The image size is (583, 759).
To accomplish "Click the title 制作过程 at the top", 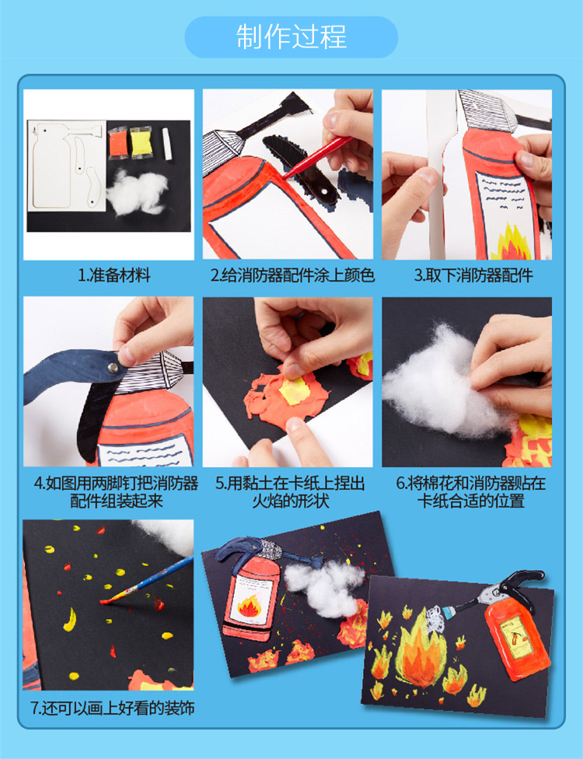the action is click(291, 37).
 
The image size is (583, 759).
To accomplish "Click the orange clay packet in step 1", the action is click(117, 142).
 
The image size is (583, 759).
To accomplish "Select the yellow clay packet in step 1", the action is click(141, 142).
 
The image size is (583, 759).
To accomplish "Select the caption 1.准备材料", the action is click(114, 275).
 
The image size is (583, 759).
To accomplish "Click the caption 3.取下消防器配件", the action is click(473, 275).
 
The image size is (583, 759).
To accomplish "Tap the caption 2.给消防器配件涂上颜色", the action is click(292, 275).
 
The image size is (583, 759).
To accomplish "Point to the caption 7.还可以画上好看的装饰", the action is click(112, 708).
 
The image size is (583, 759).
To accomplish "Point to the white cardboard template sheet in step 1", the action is click(67, 166).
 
